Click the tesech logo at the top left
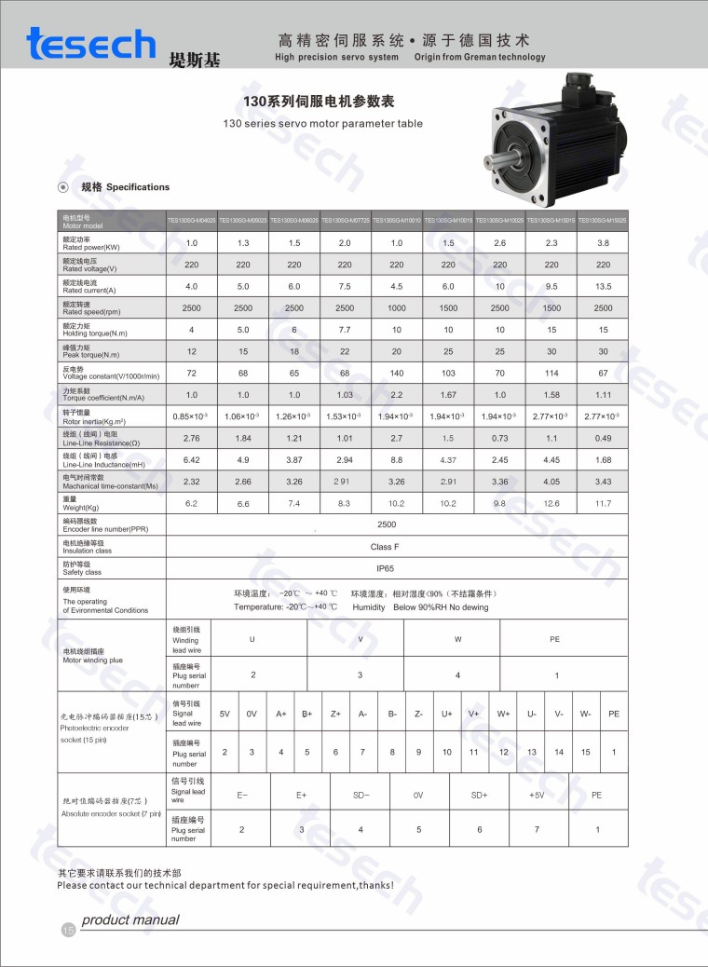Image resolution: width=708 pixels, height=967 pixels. tap(90, 45)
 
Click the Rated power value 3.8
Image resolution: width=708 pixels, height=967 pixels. tap(603, 242)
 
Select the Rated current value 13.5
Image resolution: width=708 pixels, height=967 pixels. tap(603, 286)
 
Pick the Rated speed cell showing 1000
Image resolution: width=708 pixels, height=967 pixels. tap(396, 307)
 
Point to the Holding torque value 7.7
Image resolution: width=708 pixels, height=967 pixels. tap(345, 330)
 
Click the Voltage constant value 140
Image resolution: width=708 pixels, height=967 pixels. tap(396, 373)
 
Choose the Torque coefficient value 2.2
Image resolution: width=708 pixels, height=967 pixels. tap(396, 394)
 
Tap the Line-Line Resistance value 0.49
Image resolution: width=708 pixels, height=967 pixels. tap(603, 438)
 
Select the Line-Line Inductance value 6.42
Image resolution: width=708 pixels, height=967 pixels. tap(192, 459)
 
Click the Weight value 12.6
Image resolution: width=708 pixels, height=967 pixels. tap(551, 503)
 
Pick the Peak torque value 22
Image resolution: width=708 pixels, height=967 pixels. tap(345, 351)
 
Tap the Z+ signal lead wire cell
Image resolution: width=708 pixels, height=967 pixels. tap(335, 714)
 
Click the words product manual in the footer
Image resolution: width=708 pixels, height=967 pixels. tap(129, 920)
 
